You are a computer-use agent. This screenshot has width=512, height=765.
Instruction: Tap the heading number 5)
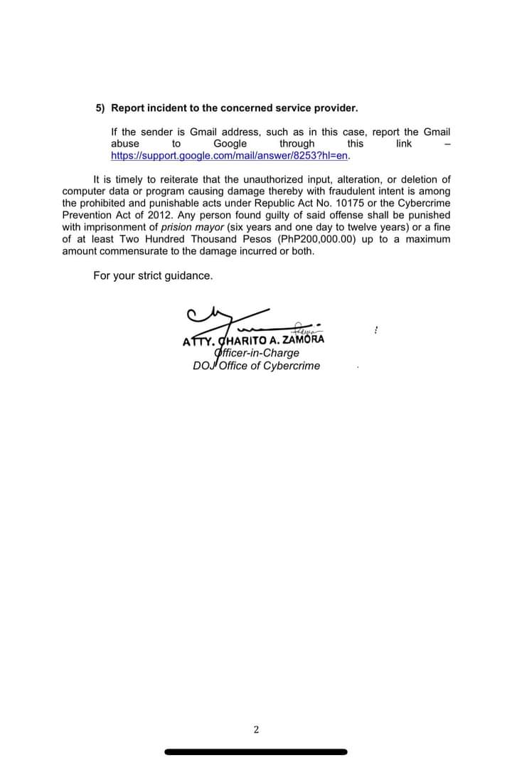click(x=100, y=108)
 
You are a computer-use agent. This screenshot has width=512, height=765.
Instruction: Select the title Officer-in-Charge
click(x=257, y=353)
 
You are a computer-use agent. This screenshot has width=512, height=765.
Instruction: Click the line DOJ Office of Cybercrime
click(x=256, y=366)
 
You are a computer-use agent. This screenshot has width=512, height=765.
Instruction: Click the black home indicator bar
click(x=256, y=751)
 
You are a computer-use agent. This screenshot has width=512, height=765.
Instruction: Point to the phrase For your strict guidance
click(x=153, y=275)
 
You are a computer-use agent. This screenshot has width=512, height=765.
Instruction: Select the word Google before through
click(x=230, y=144)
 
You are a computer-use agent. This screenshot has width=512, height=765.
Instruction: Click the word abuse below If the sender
click(x=125, y=144)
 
